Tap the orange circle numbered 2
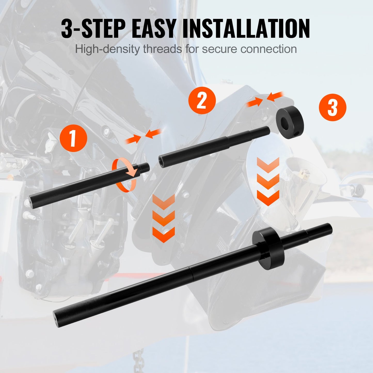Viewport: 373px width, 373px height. (202, 101)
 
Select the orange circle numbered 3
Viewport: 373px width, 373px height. (332, 108)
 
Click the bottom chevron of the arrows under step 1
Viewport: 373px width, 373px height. (163, 235)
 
